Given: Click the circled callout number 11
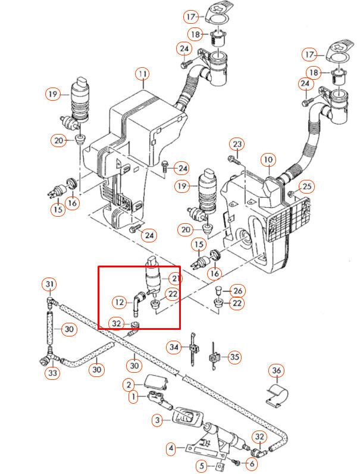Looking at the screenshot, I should (x=142, y=74).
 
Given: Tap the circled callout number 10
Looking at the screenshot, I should (x=268, y=160).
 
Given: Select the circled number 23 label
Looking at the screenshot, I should (x=237, y=145).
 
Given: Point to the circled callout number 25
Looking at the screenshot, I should (x=306, y=187).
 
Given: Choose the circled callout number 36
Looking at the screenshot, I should (x=276, y=372).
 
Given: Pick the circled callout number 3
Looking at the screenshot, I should (x=158, y=421).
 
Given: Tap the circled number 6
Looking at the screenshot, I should (x=252, y=463).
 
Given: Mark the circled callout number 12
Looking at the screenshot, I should (x=120, y=303).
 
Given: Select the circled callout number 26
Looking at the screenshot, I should (x=237, y=291).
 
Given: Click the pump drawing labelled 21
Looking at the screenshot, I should (x=153, y=277).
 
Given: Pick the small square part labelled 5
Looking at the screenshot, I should (x=219, y=465).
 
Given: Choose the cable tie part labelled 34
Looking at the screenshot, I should (x=194, y=348).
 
